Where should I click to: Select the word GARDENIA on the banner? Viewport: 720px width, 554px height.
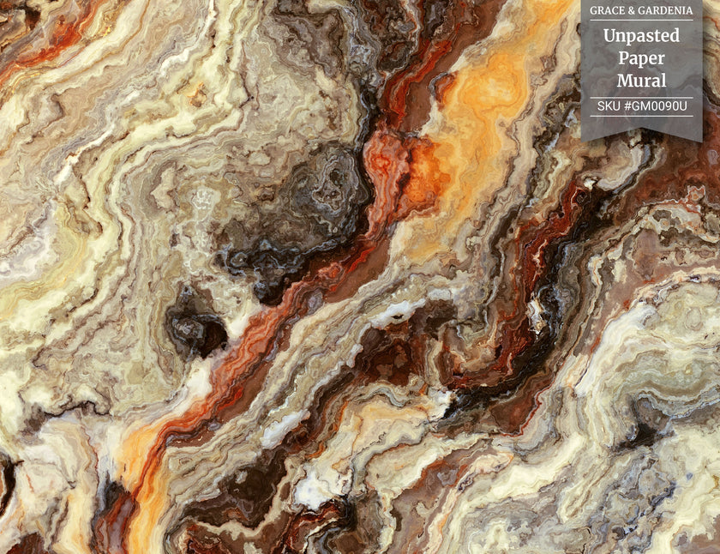(x=665, y=10)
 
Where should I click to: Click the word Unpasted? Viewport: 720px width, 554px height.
(x=641, y=36)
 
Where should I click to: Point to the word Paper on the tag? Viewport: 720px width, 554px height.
(x=641, y=58)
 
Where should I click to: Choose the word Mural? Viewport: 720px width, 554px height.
(x=641, y=81)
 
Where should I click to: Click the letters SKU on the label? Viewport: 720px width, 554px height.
(x=609, y=105)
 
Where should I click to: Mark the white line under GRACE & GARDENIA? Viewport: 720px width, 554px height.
(x=641, y=20)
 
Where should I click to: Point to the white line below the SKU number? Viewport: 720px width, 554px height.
(x=641, y=116)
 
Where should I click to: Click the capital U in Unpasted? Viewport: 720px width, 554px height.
(x=609, y=36)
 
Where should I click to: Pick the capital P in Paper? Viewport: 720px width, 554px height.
(x=623, y=58)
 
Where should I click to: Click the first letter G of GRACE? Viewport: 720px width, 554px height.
(x=593, y=10)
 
